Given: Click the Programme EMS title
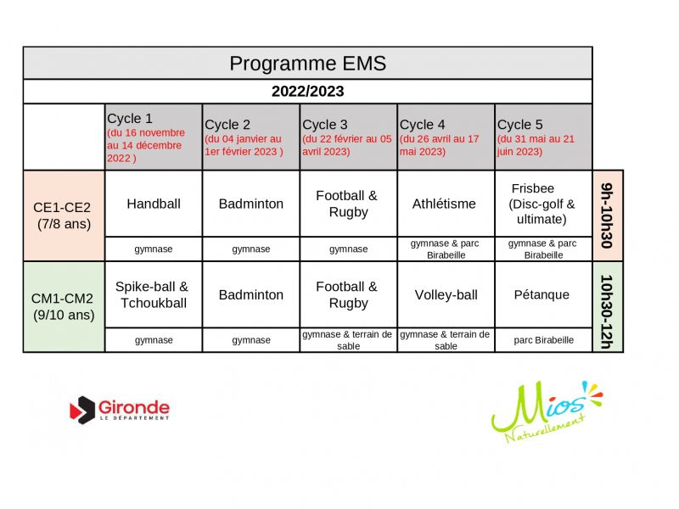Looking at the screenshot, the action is pos(307,64).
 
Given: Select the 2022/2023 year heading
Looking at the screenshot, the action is pos(307,92).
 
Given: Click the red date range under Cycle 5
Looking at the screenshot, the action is pos(536,145).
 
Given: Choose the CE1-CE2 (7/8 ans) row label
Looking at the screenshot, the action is pos(63,215).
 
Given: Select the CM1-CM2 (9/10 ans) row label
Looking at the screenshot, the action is pos(63,306).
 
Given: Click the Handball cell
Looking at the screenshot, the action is pos(154,204).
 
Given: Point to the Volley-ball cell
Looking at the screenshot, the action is pos(446,294).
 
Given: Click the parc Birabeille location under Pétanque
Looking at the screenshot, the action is pos(543,340).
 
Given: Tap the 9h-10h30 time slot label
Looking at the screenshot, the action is pos(607,215).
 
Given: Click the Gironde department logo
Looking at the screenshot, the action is pos(120,410).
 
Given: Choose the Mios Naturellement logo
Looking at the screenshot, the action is pos(547,411).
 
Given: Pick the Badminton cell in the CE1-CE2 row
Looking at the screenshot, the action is pos(250,204).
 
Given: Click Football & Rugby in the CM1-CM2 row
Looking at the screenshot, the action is pos(347,294).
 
